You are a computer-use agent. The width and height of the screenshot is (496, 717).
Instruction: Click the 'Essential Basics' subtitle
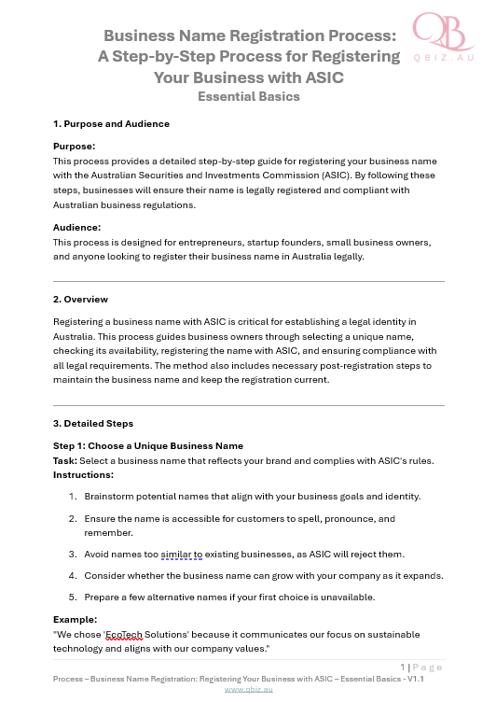tap(248, 96)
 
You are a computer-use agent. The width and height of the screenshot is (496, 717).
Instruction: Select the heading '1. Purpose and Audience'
tap(111, 123)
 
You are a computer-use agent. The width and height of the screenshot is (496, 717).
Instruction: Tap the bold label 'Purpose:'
tap(75, 147)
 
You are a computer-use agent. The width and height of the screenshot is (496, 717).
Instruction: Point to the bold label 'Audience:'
tap(76, 227)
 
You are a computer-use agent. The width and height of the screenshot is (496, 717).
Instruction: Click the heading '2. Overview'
tap(80, 300)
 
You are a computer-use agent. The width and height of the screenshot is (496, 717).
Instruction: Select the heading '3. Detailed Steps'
tap(93, 424)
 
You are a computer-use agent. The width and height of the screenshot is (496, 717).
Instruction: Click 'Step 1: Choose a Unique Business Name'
tap(148, 445)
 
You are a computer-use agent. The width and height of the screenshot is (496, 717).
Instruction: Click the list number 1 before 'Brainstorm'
tap(72, 496)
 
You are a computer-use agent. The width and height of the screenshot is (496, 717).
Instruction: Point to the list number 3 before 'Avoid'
tap(72, 554)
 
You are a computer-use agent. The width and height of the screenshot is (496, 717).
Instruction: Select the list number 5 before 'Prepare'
tap(72, 597)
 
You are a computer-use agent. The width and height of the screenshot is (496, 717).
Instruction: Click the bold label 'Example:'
tap(76, 619)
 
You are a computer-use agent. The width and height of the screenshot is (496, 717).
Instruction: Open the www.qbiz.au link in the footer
tap(248, 689)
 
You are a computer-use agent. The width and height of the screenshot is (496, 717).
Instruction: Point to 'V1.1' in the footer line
tap(412, 679)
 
